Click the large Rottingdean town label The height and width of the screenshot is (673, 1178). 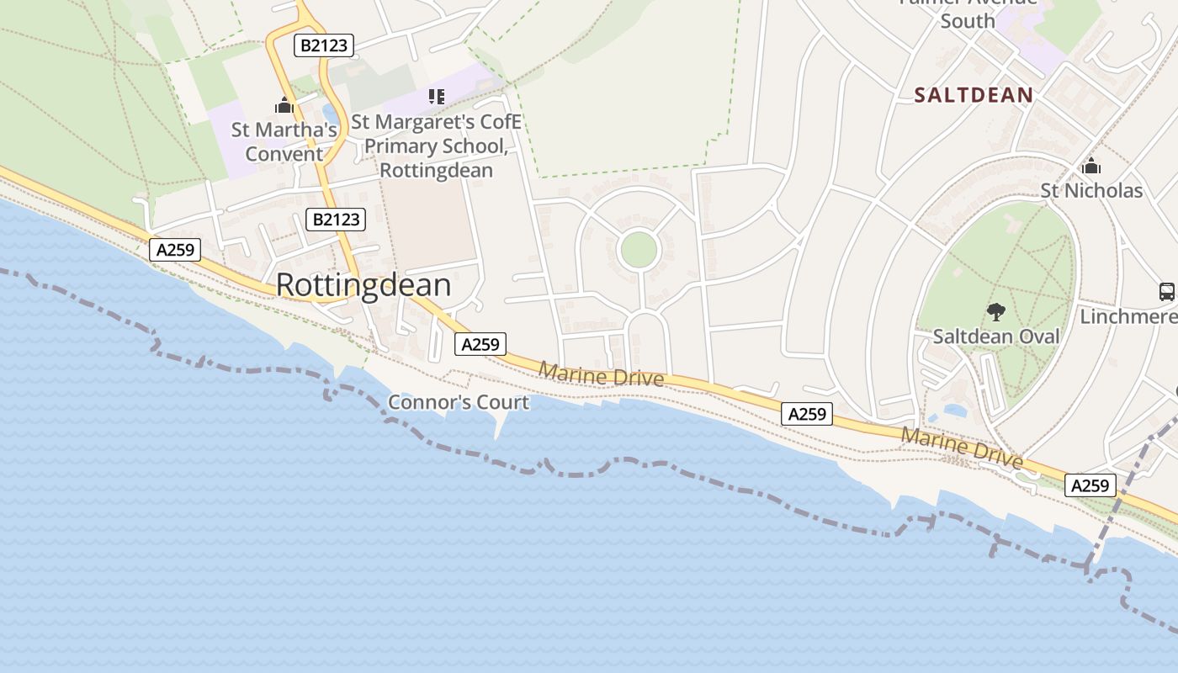pyautogui.click(x=363, y=285)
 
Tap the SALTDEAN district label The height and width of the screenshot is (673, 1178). pyautogui.click(x=974, y=95)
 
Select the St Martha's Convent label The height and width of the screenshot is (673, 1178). pyautogui.click(x=284, y=141)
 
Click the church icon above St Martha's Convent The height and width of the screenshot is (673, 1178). pyautogui.click(x=284, y=105)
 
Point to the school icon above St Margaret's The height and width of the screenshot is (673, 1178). pyautogui.click(x=436, y=97)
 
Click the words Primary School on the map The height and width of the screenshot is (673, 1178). pyautogui.click(x=435, y=146)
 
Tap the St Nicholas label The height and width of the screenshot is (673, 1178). pyautogui.click(x=1091, y=191)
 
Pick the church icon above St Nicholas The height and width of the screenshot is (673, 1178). pyautogui.click(x=1091, y=165)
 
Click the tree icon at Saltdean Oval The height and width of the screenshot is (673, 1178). pyautogui.click(x=996, y=312)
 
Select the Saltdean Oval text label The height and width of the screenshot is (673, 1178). pyautogui.click(x=996, y=336)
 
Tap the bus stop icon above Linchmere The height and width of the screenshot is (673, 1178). pyautogui.click(x=1166, y=292)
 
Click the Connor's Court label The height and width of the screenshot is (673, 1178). pyautogui.click(x=459, y=402)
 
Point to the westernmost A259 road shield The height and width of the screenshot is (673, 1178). pyautogui.click(x=175, y=249)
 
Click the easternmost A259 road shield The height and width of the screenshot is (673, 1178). pyautogui.click(x=1090, y=485)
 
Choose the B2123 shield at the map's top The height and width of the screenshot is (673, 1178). pyautogui.click(x=323, y=45)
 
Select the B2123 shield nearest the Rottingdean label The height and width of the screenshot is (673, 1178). pyautogui.click(x=336, y=220)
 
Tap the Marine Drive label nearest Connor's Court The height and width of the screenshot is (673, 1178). pyautogui.click(x=601, y=375)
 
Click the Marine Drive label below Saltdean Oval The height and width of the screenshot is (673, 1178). pyautogui.click(x=962, y=448)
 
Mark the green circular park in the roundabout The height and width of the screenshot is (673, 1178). pyautogui.click(x=638, y=250)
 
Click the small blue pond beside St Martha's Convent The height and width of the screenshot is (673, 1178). pyautogui.click(x=330, y=114)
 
